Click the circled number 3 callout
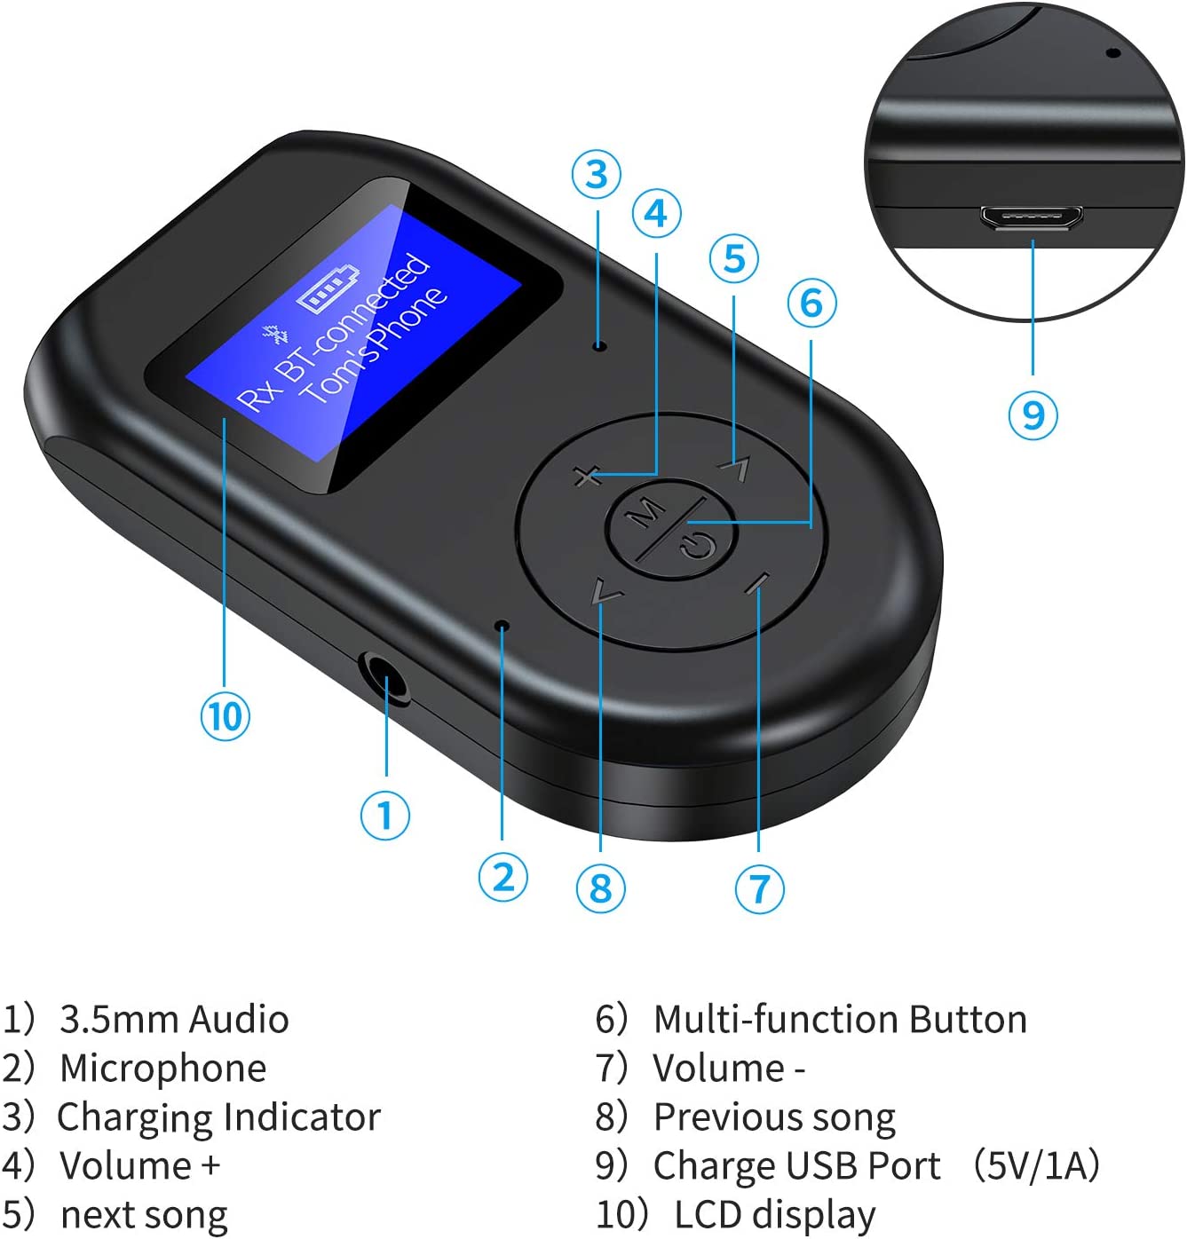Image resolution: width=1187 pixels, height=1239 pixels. tap(596, 174)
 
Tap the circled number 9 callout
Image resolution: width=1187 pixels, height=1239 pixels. tap(1033, 414)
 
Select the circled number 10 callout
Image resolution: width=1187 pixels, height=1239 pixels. tap(225, 715)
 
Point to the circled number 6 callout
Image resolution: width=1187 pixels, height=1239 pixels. tap(812, 303)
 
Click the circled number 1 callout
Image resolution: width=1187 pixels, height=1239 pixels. tap(385, 815)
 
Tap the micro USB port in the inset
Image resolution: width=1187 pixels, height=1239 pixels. tap(1031, 217)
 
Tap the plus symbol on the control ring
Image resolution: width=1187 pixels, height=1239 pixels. tap(587, 475)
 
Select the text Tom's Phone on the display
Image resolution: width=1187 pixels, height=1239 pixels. tap(375, 346)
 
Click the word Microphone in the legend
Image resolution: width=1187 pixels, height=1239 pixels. tap(163, 1068)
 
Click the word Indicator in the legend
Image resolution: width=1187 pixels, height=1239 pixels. tap(302, 1117)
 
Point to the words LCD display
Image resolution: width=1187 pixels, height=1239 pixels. tap(774, 1215)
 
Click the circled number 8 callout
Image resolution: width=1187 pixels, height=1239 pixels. tap(600, 888)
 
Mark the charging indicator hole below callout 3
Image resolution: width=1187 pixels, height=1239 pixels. tap(598, 346)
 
